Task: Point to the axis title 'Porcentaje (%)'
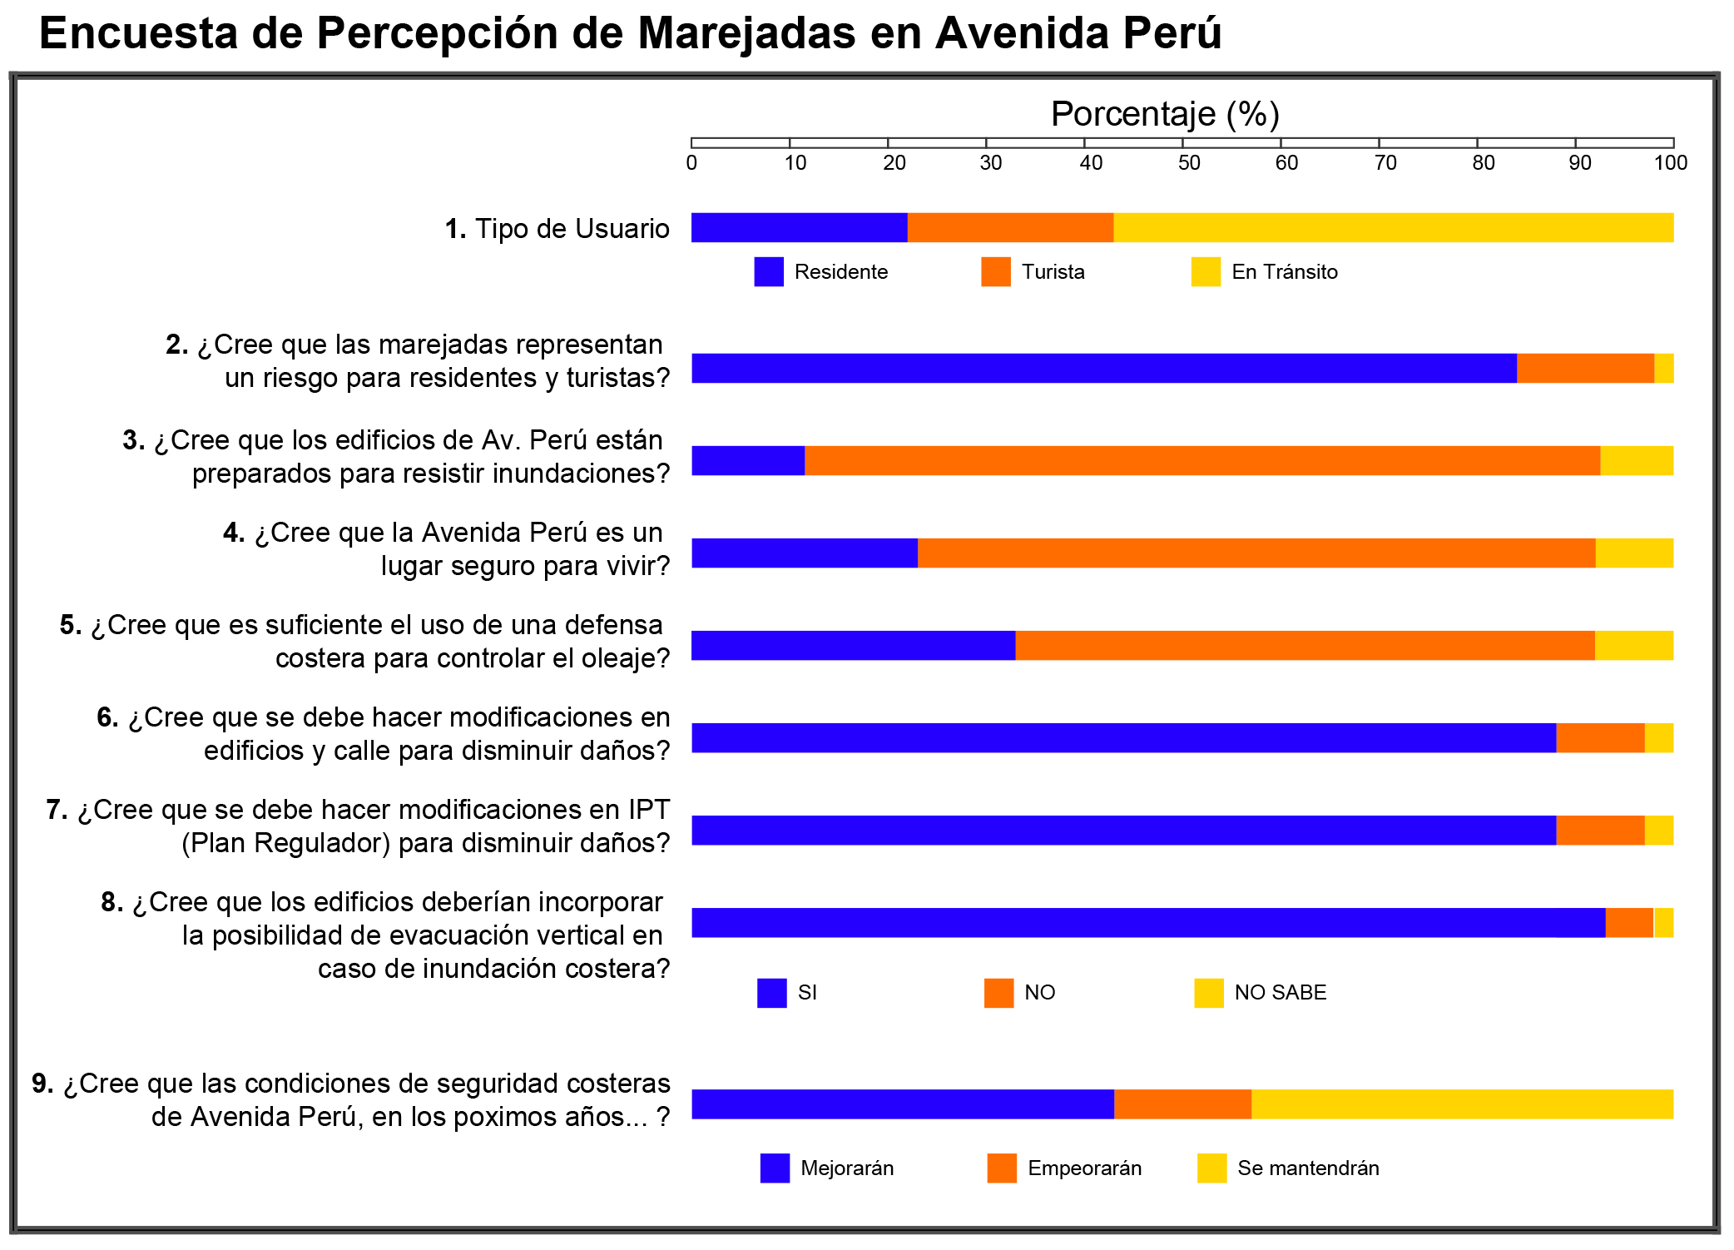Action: (x=1164, y=114)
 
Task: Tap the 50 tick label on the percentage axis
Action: (x=1189, y=163)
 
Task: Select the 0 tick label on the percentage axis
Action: (x=691, y=163)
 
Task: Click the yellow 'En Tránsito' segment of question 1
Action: (x=1393, y=228)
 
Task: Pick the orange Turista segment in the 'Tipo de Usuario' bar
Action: (x=1010, y=228)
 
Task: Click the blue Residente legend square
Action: (x=769, y=272)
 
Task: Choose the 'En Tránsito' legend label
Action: (x=1284, y=272)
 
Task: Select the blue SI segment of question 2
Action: (x=1103, y=369)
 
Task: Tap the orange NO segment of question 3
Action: (x=1201, y=461)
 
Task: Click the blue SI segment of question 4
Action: (x=805, y=553)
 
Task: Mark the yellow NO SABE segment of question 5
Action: (x=1633, y=646)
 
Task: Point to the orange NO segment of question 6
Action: (x=1600, y=738)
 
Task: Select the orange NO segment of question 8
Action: (x=1629, y=923)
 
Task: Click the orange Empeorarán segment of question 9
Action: (x=1182, y=1104)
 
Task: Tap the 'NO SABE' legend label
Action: (x=1280, y=993)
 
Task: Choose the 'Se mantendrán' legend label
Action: (x=1308, y=1168)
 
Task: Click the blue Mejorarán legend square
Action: (x=775, y=1168)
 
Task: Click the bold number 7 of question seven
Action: (x=54, y=810)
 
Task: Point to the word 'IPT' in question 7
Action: (x=649, y=810)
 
